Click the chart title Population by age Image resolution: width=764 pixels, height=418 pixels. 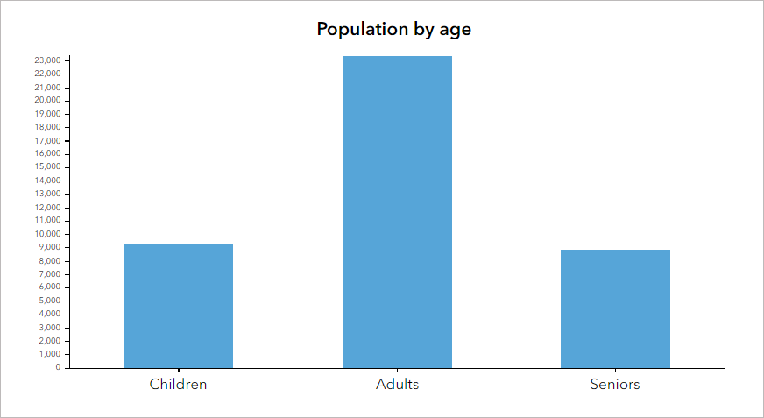pyautogui.click(x=393, y=29)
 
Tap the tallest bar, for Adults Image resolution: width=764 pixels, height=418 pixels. pyautogui.click(x=397, y=211)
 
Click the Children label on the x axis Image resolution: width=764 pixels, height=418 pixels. pyautogui.click(x=179, y=384)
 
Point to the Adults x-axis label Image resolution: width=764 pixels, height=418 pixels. pyautogui.click(x=397, y=384)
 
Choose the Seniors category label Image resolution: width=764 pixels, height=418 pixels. pyautogui.click(x=615, y=384)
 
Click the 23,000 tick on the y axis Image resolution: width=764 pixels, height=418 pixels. pyautogui.click(x=47, y=60)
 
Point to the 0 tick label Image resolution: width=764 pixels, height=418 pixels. pyautogui.click(x=58, y=367)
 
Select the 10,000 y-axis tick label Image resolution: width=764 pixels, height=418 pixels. pyautogui.click(x=47, y=234)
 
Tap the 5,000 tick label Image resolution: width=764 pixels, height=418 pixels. pyautogui.click(x=49, y=301)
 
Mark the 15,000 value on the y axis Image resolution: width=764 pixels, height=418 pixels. pyautogui.click(x=47, y=167)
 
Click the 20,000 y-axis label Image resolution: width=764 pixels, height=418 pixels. pyautogui.click(x=47, y=100)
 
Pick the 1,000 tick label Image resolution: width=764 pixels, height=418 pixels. pyautogui.click(x=49, y=354)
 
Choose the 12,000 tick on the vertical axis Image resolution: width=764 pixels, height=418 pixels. pyautogui.click(x=47, y=207)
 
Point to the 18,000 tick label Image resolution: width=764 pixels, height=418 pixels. pyautogui.click(x=47, y=127)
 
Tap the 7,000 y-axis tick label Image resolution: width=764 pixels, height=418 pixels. pyautogui.click(x=49, y=273)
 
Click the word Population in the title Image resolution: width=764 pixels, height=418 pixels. pyautogui.click(x=363, y=29)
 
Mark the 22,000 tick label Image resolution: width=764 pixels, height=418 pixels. pyautogui.click(x=47, y=74)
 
